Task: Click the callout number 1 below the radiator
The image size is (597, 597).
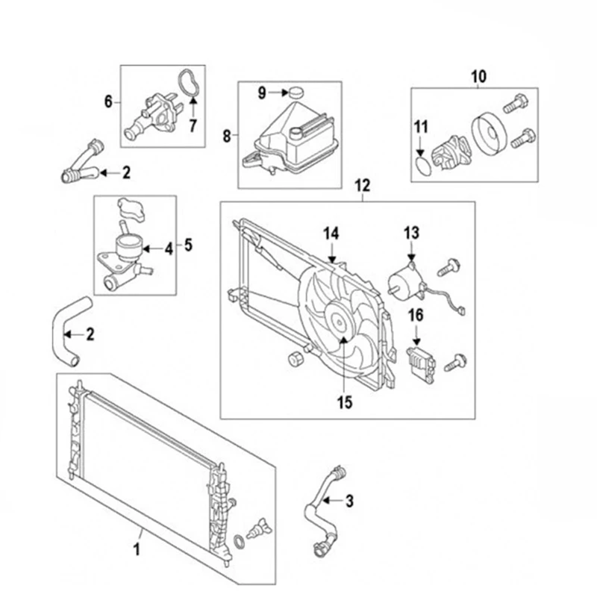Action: (x=137, y=551)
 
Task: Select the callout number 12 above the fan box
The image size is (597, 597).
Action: (x=363, y=185)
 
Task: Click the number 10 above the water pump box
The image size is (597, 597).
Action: (x=478, y=75)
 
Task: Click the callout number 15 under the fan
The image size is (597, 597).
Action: (x=344, y=402)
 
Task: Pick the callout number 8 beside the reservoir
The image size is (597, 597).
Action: (x=227, y=135)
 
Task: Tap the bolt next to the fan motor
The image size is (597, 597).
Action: (x=450, y=263)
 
